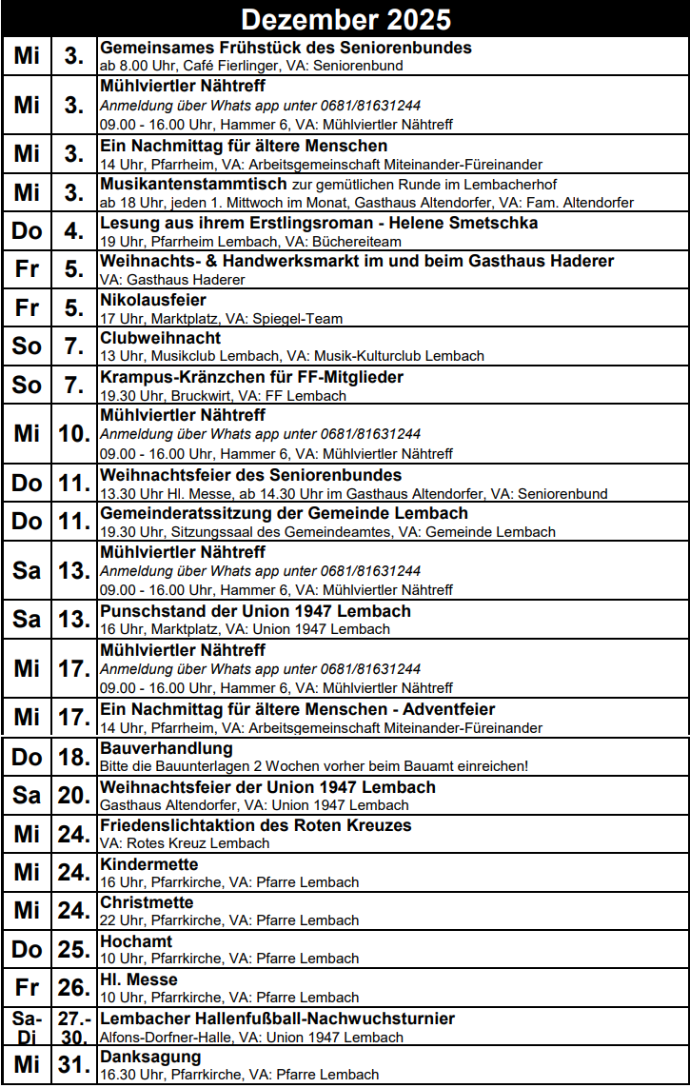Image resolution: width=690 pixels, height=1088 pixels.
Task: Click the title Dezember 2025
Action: coord(345,19)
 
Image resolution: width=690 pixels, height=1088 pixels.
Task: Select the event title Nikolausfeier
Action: coord(152,301)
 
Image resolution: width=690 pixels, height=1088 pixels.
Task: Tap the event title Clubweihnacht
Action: coord(160,339)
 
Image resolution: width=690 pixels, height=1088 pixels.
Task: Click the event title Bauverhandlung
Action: coord(167,749)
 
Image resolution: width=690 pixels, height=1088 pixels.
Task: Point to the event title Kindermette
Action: coord(149,865)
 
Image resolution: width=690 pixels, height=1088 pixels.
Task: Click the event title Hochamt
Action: coord(136,941)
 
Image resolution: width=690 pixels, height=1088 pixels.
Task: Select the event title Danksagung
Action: coord(150,1058)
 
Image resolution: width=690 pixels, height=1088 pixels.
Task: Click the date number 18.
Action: coord(73,758)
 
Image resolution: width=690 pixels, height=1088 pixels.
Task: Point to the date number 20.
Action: coord(73,797)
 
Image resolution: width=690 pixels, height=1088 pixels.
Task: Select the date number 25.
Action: coord(73,950)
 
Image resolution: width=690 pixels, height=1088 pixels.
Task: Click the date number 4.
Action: coord(73,231)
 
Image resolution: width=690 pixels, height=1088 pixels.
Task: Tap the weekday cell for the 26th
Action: coord(27,988)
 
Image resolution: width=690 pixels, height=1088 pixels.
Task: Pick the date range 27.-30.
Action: coord(73,1027)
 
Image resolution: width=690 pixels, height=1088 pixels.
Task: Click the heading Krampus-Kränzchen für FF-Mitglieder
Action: coord(251,378)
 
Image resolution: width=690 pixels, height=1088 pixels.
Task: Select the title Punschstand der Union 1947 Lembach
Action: coord(255,611)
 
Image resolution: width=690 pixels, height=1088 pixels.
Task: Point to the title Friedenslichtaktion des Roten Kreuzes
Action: coord(255,826)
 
